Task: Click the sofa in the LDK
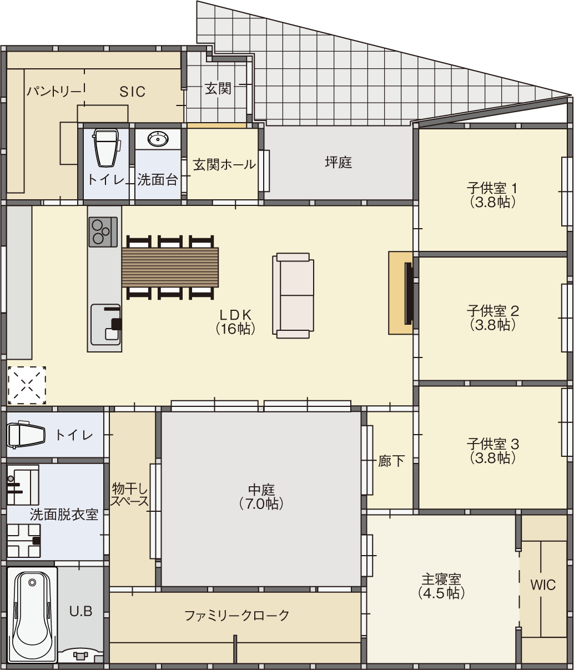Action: click(293, 295)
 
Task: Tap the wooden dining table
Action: click(170, 267)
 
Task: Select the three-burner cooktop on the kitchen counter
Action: click(103, 232)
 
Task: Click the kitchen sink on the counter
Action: click(105, 325)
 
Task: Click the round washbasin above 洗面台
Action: click(158, 139)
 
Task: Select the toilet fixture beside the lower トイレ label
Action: click(26, 435)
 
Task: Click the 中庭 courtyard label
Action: click(261, 490)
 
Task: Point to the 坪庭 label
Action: click(339, 163)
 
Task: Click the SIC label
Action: click(132, 92)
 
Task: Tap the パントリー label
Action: click(54, 92)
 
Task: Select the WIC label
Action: click(543, 585)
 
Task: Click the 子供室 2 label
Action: click(492, 311)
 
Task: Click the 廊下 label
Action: click(391, 461)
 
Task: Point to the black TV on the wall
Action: click(409, 294)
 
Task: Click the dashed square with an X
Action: click(27, 385)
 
